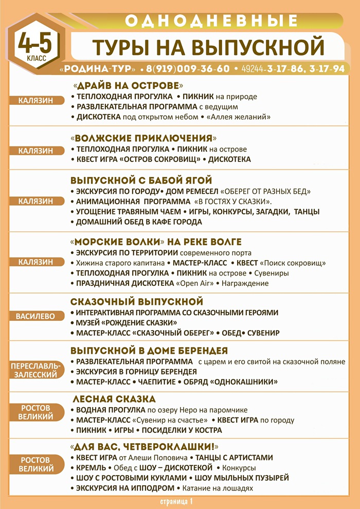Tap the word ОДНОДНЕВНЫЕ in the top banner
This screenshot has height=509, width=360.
[211, 21]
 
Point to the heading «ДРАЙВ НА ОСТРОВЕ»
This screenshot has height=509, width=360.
[128, 85]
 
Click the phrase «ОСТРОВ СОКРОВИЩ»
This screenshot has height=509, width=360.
[160, 159]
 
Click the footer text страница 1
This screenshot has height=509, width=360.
[175, 500]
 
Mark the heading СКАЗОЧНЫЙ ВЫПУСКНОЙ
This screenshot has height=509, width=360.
[137, 301]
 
